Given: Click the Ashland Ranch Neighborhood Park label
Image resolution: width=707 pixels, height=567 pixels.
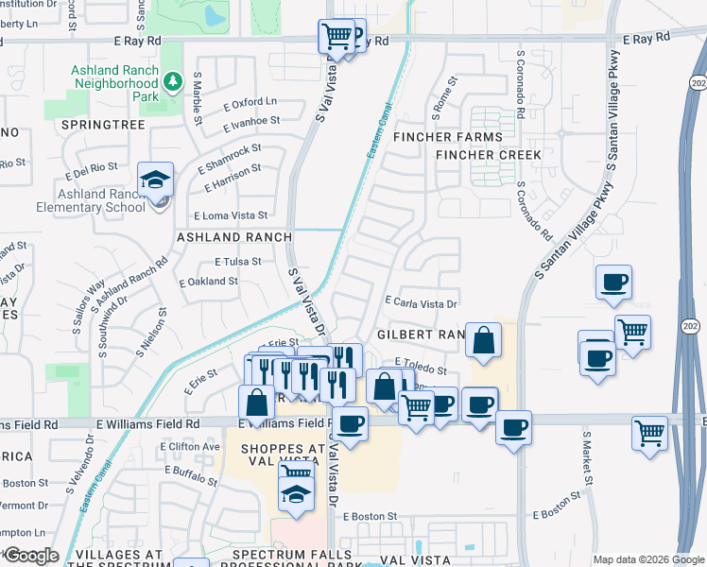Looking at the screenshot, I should (x=115, y=83).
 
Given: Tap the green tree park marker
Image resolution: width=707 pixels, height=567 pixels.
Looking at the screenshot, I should (x=172, y=82).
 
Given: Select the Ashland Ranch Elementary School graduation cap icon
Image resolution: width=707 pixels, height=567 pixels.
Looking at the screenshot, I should (x=155, y=179).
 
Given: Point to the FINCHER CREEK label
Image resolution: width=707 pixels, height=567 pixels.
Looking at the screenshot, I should (x=489, y=155).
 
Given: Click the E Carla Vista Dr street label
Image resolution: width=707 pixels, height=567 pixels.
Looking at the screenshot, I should (x=421, y=304).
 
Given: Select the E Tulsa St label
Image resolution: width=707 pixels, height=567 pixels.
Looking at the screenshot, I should (x=237, y=261).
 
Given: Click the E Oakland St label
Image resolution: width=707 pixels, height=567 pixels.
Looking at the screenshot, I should (x=209, y=282).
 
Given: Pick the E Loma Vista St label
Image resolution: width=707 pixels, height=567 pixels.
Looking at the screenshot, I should (x=231, y=215).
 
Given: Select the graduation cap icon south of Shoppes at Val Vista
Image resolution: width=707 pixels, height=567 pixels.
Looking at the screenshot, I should (x=297, y=494).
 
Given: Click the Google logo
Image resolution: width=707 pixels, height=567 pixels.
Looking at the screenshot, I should (x=30, y=556).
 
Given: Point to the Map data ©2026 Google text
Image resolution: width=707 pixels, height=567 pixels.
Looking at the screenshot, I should (x=648, y=559).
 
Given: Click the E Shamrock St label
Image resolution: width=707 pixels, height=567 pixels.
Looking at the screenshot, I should (x=230, y=157).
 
